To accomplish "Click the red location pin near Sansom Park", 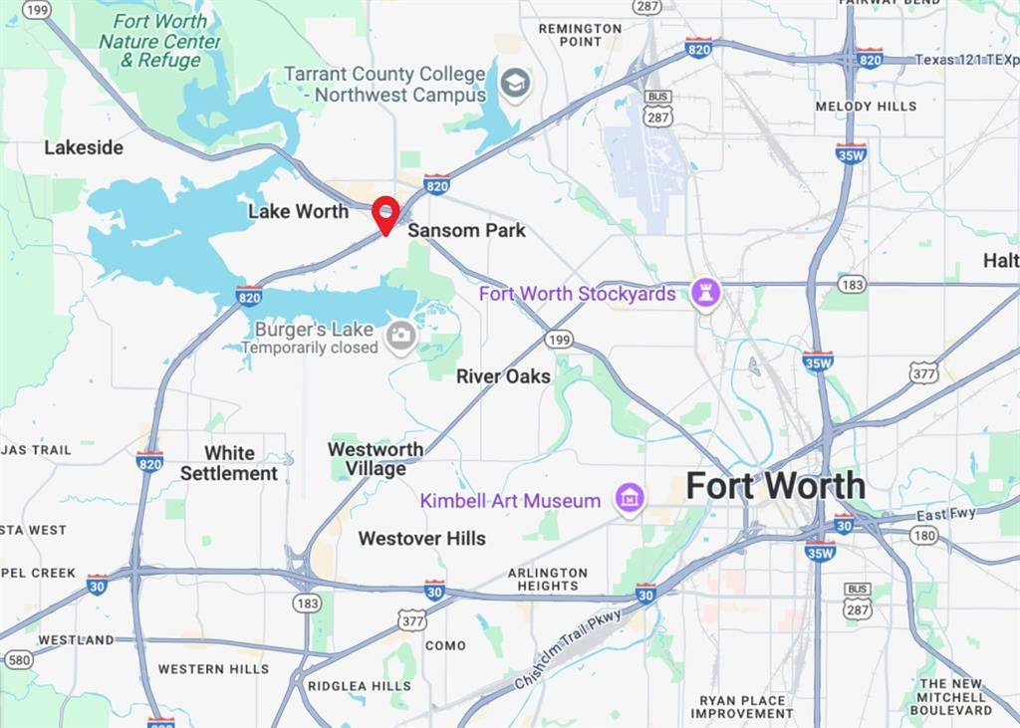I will tap(385, 213).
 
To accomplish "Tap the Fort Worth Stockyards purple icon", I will tap(706, 293).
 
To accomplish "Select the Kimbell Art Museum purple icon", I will tap(629, 499).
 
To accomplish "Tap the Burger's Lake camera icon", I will tap(401, 337).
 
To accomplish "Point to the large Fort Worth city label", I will tap(775, 486).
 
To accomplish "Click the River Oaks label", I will tap(503, 376).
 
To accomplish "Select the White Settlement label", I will tap(229, 463).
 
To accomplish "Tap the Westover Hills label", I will tap(422, 539).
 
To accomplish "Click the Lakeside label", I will tap(84, 147).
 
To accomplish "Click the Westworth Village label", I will tap(376, 459).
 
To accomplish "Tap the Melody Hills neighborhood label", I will tap(866, 107).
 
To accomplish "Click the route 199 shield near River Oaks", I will tap(559, 341).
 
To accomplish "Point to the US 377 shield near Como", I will tap(412, 619).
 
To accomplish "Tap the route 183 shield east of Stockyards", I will tap(852, 284).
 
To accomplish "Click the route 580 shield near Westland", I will tap(18, 659).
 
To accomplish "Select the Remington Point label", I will tap(581, 35).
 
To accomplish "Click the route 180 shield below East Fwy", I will tap(923, 536).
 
